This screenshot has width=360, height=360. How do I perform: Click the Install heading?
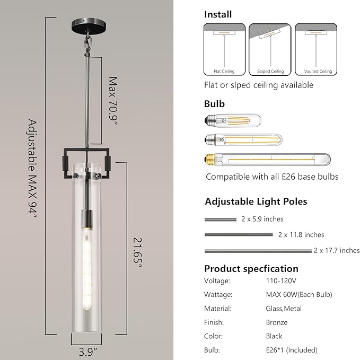pyautogui.click(x=218, y=14)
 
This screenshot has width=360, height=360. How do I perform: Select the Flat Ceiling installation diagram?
pyautogui.click(x=224, y=49)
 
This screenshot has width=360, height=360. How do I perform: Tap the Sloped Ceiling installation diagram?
pyautogui.click(x=270, y=49)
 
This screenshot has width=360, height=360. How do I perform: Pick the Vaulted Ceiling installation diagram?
pyautogui.click(x=316, y=49)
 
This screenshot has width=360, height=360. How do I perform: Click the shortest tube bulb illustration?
pyautogui.click(x=233, y=120)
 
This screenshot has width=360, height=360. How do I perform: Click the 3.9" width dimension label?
pyautogui.click(x=88, y=352)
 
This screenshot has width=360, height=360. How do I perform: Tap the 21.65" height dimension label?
pyautogui.click(x=138, y=252)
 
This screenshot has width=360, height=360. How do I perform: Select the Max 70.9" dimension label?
pyautogui.click(x=113, y=101)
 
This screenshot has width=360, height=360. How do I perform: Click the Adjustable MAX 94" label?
pyautogui.click(x=32, y=169)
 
